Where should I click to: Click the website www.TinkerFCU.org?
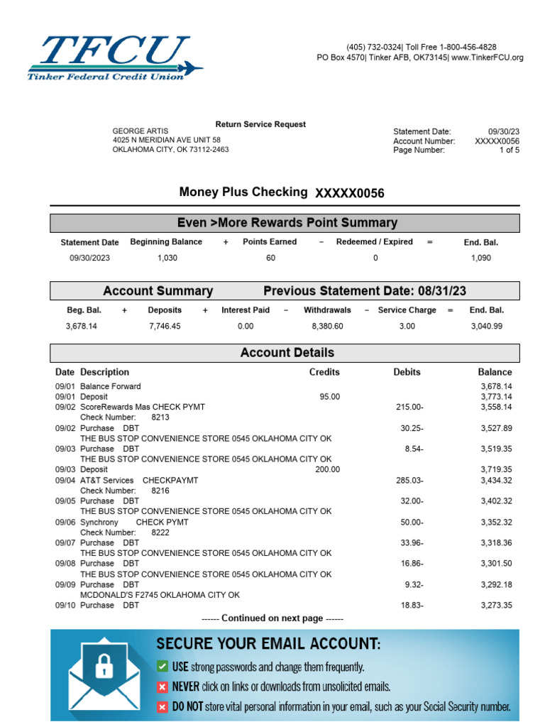pos(488,58)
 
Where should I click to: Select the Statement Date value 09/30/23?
pos(504,131)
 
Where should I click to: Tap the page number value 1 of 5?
pos(509,150)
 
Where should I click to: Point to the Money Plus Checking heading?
pos(243,192)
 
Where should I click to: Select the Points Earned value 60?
pos(270,258)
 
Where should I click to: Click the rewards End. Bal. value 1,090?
pos(480,258)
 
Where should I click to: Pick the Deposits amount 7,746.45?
pos(164,327)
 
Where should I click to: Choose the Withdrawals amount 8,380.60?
pos(327,327)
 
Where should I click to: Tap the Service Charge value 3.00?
pos(407,327)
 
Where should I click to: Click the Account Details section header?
pos(287,353)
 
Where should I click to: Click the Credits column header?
pos(324,372)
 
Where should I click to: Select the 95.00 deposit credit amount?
pos(330,397)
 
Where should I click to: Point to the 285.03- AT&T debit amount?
pos(409,481)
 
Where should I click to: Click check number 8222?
pos(161,532)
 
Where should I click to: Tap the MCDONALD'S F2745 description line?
pos(160,595)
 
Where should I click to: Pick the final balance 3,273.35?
pos(496,606)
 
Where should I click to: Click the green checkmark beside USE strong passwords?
pos(163,667)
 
